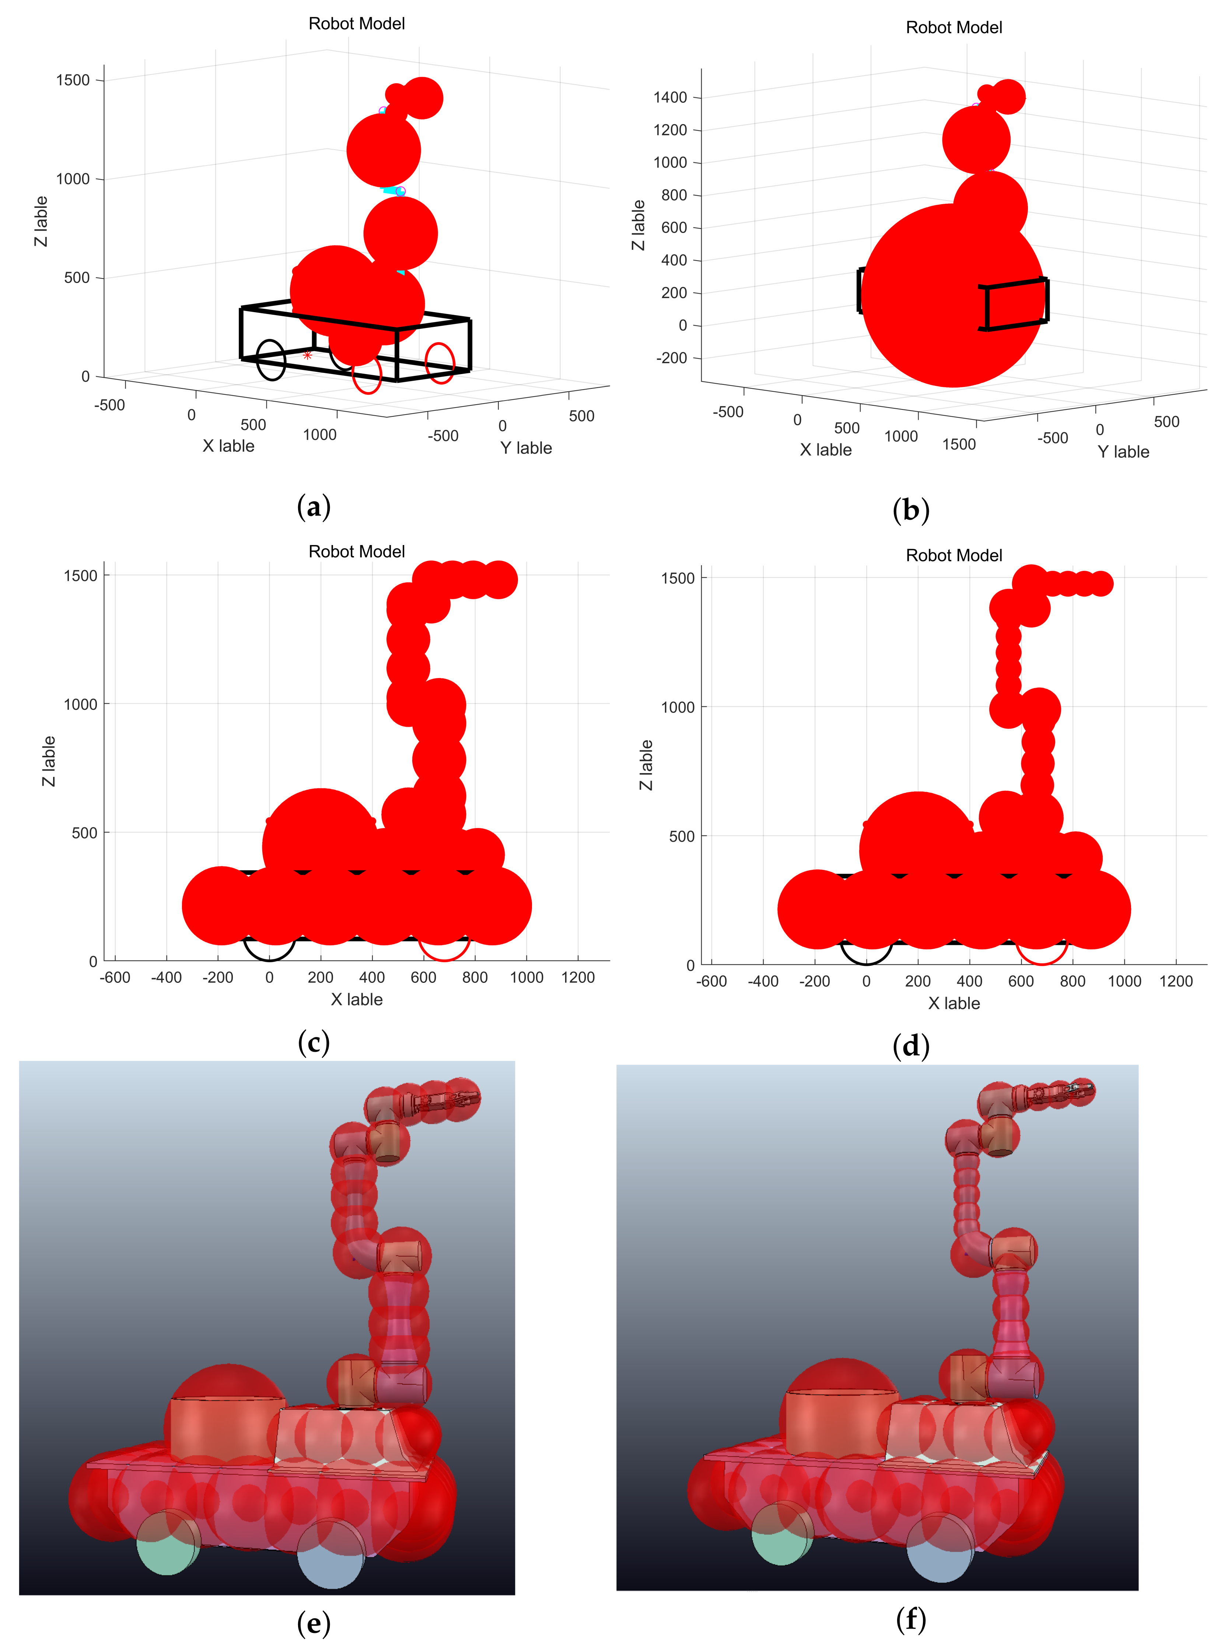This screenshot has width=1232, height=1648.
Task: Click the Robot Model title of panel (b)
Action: coord(953,28)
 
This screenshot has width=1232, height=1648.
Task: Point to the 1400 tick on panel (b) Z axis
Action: coord(671,98)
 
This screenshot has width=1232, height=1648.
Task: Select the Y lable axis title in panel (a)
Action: coord(526,448)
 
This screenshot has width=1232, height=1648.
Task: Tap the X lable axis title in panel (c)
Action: coord(357,999)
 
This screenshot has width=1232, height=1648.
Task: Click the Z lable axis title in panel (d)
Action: coord(646,765)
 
